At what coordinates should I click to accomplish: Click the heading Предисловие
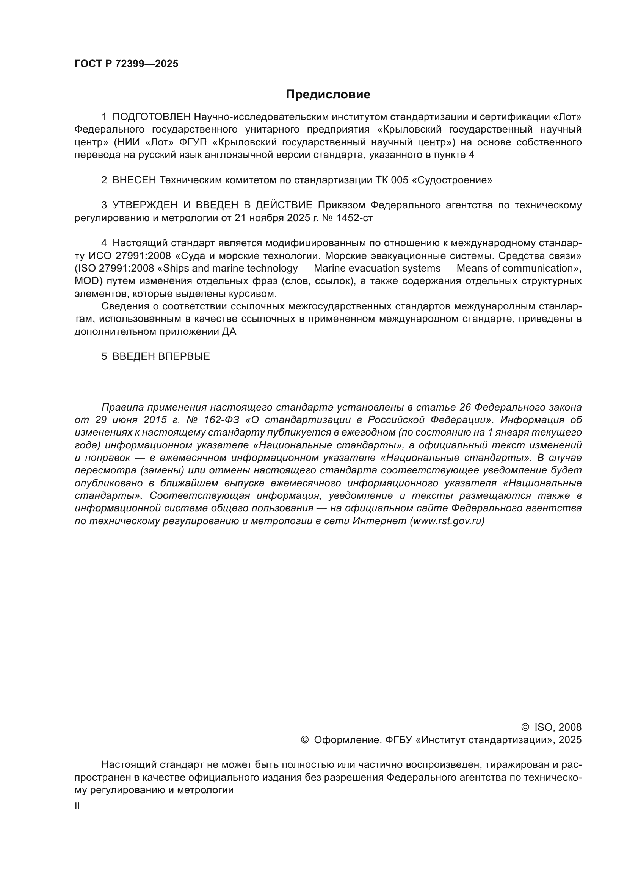(328, 95)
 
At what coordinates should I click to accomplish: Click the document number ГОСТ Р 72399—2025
(126, 64)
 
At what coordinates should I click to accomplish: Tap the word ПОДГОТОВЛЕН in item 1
(151, 117)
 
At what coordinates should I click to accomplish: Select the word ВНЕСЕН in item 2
(134, 180)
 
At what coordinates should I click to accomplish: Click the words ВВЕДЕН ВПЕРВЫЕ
(161, 356)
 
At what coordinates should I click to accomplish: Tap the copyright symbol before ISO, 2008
(525, 727)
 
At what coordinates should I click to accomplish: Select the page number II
(77, 806)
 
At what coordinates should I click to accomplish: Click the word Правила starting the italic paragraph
(122, 408)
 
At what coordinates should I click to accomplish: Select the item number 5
(104, 356)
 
